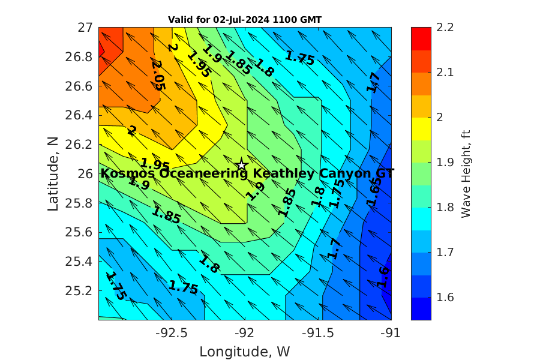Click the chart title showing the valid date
(245, 19)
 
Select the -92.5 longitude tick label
(172, 332)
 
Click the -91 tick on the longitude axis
(392, 332)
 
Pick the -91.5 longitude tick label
(318, 332)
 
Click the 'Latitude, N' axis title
(53, 173)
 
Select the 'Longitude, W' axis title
(245, 352)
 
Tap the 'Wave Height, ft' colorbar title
(465, 173)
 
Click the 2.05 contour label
(158, 74)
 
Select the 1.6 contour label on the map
(383, 278)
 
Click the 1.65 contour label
(374, 193)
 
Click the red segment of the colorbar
(421, 34)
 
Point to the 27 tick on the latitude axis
(85, 27)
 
